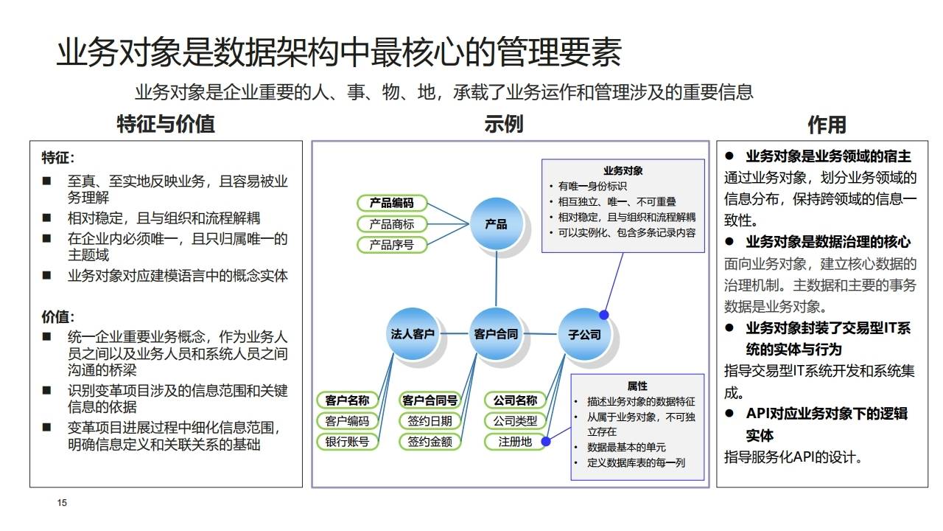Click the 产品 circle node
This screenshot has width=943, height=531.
[496, 223]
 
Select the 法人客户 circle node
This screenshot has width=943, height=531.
[413, 333]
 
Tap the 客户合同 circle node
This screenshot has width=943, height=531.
[496, 333]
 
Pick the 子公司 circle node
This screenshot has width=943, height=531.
[584, 334]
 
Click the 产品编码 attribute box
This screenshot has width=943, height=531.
[392, 203]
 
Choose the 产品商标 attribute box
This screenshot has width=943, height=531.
[392, 224]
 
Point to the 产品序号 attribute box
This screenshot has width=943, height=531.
[392, 245]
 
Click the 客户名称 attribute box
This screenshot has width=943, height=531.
[347, 400]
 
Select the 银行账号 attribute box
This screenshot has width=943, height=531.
[347, 442]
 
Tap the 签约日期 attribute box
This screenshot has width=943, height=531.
[430, 421]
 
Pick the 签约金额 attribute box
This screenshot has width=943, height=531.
[430, 442]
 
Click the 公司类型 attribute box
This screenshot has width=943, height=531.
[515, 421]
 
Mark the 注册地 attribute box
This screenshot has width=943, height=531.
[515, 442]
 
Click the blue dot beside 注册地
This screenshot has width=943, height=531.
[547, 442]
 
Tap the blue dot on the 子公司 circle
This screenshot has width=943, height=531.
[603, 315]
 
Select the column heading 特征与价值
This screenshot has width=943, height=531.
[166, 124]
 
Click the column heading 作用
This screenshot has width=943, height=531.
[827, 124]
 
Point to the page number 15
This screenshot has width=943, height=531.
[62, 503]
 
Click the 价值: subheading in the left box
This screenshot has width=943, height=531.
[57, 317]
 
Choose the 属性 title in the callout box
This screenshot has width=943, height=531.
[637, 386]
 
